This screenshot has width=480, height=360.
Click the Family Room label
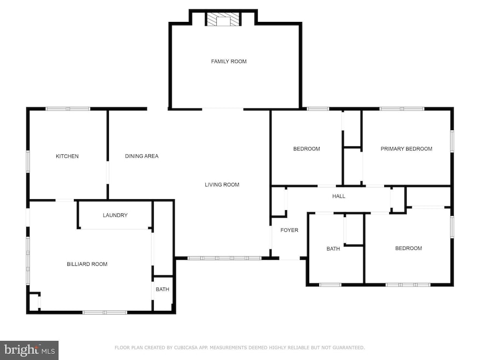pyautogui.click(x=229, y=61)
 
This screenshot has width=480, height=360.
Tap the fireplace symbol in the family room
pyautogui.click(x=223, y=19)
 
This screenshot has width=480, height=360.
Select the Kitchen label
pyautogui.click(x=67, y=156)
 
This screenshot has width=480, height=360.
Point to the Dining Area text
pyautogui.click(x=141, y=156)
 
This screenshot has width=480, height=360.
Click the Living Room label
pyautogui.click(x=222, y=184)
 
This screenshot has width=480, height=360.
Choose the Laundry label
pyautogui.click(x=115, y=215)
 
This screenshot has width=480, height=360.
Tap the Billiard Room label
pyautogui.click(x=87, y=264)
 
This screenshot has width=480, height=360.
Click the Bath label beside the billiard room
pyautogui.click(x=162, y=289)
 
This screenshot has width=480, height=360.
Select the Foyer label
pyautogui.click(x=290, y=230)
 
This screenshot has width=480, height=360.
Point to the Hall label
pyautogui.click(x=339, y=196)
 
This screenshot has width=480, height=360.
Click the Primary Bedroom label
pyautogui.click(x=406, y=149)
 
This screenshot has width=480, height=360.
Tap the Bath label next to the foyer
pyautogui.click(x=333, y=249)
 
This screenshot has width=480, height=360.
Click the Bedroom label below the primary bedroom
pyautogui.click(x=408, y=248)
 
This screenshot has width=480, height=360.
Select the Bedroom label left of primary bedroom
pyautogui.click(x=306, y=149)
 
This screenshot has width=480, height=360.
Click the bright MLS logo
pyautogui.click(x=29, y=350)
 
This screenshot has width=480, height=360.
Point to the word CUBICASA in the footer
pyautogui.click(x=185, y=348)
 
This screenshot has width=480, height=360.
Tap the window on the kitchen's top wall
pyautogui.click(x=68, y=109)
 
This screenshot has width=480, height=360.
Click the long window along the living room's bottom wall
pyautogui.click(x=224, y=258)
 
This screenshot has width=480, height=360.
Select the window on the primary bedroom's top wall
pyautogui.click(x=402, y=109)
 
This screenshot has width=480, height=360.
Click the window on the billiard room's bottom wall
pyautogui.click(x=105, y=312)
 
